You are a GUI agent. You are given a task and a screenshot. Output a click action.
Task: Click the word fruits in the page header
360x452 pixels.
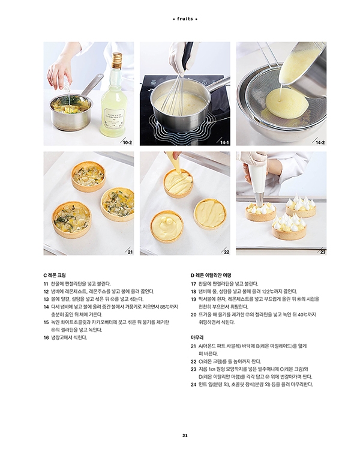click(185, 19)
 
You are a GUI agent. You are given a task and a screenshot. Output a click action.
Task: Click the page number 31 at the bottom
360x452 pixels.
click(185, 435)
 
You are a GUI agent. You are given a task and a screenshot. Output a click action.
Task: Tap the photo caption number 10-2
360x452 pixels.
click(127, 142)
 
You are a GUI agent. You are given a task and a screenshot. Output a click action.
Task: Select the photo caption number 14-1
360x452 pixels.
click(224, 142)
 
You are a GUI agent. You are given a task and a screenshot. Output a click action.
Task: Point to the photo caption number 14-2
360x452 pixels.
click(320, 142)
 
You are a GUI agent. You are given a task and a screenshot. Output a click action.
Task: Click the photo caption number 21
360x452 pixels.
click(130, 252)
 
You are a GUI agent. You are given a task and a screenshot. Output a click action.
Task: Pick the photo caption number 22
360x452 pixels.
click(227, 252)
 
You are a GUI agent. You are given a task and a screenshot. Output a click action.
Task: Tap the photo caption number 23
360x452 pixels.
click(323, 252)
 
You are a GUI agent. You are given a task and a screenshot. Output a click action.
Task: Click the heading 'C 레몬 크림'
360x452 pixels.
click(55, 276)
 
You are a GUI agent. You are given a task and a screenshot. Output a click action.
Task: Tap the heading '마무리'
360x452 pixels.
click(197, 337)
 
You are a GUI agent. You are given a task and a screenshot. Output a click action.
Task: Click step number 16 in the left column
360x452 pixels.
click(46, 337)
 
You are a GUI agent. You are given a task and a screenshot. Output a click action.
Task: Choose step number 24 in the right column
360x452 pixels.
click(193, 384)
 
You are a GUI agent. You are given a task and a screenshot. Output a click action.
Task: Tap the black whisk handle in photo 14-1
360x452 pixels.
click(188, 55)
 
